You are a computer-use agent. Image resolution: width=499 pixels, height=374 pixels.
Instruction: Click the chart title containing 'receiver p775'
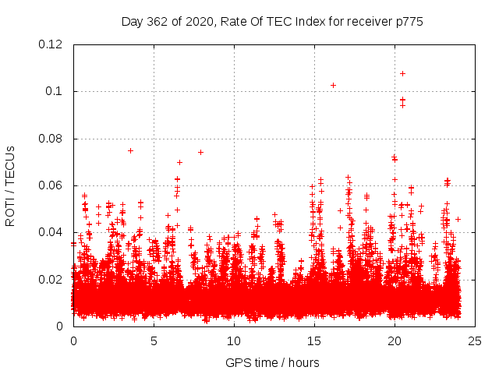click(272, 22)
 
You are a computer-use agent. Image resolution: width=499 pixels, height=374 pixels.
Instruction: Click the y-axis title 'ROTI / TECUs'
click(10, 185)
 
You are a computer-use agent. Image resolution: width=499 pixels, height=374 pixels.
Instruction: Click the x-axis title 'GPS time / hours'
click(272, 362)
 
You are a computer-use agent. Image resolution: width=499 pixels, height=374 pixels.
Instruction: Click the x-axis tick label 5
click(154, 340)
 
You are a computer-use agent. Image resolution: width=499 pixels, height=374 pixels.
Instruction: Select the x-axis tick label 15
click(314, 340)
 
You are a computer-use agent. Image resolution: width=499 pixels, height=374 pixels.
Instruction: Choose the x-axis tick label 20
click(395, 340)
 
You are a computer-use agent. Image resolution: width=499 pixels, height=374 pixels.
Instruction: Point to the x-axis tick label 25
click(475, 340)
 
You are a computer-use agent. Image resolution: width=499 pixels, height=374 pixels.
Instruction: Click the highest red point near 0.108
click(402, 73)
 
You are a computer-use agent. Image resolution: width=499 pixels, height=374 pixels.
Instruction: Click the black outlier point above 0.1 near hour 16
click(333, 85)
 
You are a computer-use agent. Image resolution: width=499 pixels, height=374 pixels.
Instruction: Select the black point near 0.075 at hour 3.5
click(130, 150)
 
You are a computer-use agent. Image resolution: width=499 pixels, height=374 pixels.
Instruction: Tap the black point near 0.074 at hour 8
click(200, 152)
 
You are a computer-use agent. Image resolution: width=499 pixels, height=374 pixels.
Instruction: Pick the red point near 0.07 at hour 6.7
click(180, 162)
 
